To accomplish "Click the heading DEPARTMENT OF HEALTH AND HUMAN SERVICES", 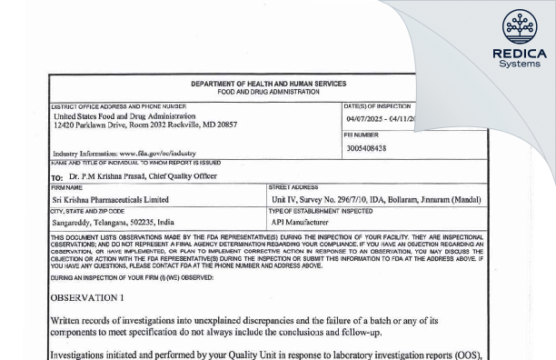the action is [268, 85].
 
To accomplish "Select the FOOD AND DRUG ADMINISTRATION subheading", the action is [268, 92].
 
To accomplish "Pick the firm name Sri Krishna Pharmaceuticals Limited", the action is [111, 199].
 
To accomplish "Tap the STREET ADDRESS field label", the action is [292, 187].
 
